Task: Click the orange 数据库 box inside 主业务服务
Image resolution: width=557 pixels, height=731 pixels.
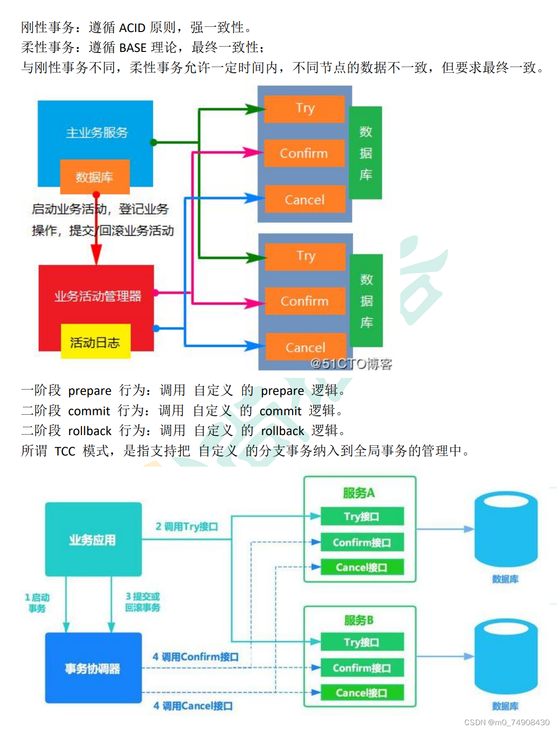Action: (x=95, y=177)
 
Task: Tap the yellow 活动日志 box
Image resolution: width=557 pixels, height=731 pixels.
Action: (x=95, y=342)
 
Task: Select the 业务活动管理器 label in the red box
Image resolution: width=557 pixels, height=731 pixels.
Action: (x=98, y=296)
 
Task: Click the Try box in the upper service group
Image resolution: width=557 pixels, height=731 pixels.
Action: (x=305, y=108)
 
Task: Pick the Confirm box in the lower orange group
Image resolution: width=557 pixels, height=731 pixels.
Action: (x=305, y=301)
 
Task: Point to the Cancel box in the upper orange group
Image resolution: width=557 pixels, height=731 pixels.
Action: (x=305, y=199)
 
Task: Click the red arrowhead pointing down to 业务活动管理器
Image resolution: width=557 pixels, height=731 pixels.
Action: (x=97, y=254)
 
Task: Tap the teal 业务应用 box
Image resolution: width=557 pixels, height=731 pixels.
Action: (x=93, y=539)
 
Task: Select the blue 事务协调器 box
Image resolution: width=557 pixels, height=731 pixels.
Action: (x=93, y=668)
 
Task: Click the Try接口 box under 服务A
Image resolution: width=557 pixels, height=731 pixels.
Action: (x=361, y=517)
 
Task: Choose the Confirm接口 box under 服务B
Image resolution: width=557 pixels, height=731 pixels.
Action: (x=361, y=668)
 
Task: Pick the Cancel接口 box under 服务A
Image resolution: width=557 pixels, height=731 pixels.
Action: (x=361, y=567)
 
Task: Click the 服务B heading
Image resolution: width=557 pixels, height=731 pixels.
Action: (x=359, y=620)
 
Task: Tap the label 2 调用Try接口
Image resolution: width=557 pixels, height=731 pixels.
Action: (x=187, y=526)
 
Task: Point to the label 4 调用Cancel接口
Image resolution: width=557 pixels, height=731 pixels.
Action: (x=193, y=706)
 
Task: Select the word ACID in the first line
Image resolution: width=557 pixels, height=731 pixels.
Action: (x=132, y=28)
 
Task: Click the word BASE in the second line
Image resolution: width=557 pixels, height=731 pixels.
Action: (x=132, y=48)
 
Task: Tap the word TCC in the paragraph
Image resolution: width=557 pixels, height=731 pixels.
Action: (x=65, y=452)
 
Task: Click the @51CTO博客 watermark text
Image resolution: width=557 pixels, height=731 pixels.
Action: (x=351, y=364)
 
